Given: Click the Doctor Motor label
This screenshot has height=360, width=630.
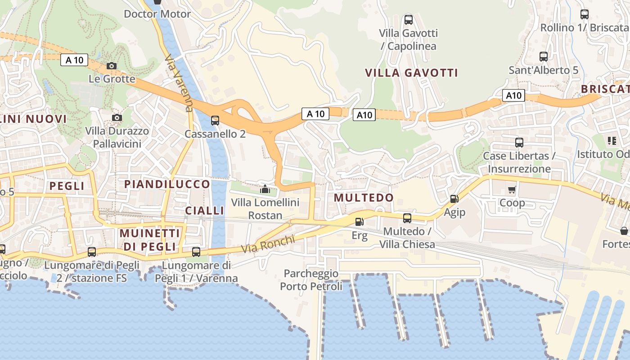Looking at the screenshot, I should (x=157, y=14).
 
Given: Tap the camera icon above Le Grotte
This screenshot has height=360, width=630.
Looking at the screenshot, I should (x=112, y=66).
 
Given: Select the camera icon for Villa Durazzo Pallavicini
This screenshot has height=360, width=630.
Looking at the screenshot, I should (x=117, y=118).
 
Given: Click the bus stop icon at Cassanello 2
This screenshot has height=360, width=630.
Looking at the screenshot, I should (x=215, y=121).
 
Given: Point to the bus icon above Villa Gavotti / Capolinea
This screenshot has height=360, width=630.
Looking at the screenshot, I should (x=409, y=20).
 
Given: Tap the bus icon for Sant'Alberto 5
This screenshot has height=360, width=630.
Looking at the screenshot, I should (x=544, y=57).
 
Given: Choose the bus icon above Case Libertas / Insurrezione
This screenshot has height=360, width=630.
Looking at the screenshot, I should (x=519, y=143).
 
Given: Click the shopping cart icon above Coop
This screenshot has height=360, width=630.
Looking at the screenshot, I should (x=512, y=189).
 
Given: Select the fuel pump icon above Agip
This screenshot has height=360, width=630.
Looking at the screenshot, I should (x=454, y=198).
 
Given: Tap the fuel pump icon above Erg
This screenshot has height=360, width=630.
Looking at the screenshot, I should (x=359, y=221).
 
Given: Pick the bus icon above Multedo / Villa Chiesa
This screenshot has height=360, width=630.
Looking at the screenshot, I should (x=407, y=218).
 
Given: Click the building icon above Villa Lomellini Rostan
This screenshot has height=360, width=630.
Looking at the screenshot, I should (x=265, y=189).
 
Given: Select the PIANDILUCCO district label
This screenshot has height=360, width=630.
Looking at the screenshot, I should (x=167, y=184).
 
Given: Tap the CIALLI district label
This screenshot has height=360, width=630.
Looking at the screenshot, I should (x=205, y=211).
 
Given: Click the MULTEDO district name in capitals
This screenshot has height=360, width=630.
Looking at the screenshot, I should (x=364, y=198).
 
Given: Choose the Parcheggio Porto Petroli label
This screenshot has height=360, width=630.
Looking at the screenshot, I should (x=311, y=280).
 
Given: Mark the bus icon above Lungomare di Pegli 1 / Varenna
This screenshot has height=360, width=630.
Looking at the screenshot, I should (x=196, y=252).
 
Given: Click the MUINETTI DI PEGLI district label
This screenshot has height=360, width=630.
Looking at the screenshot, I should (x=150, y=240).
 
